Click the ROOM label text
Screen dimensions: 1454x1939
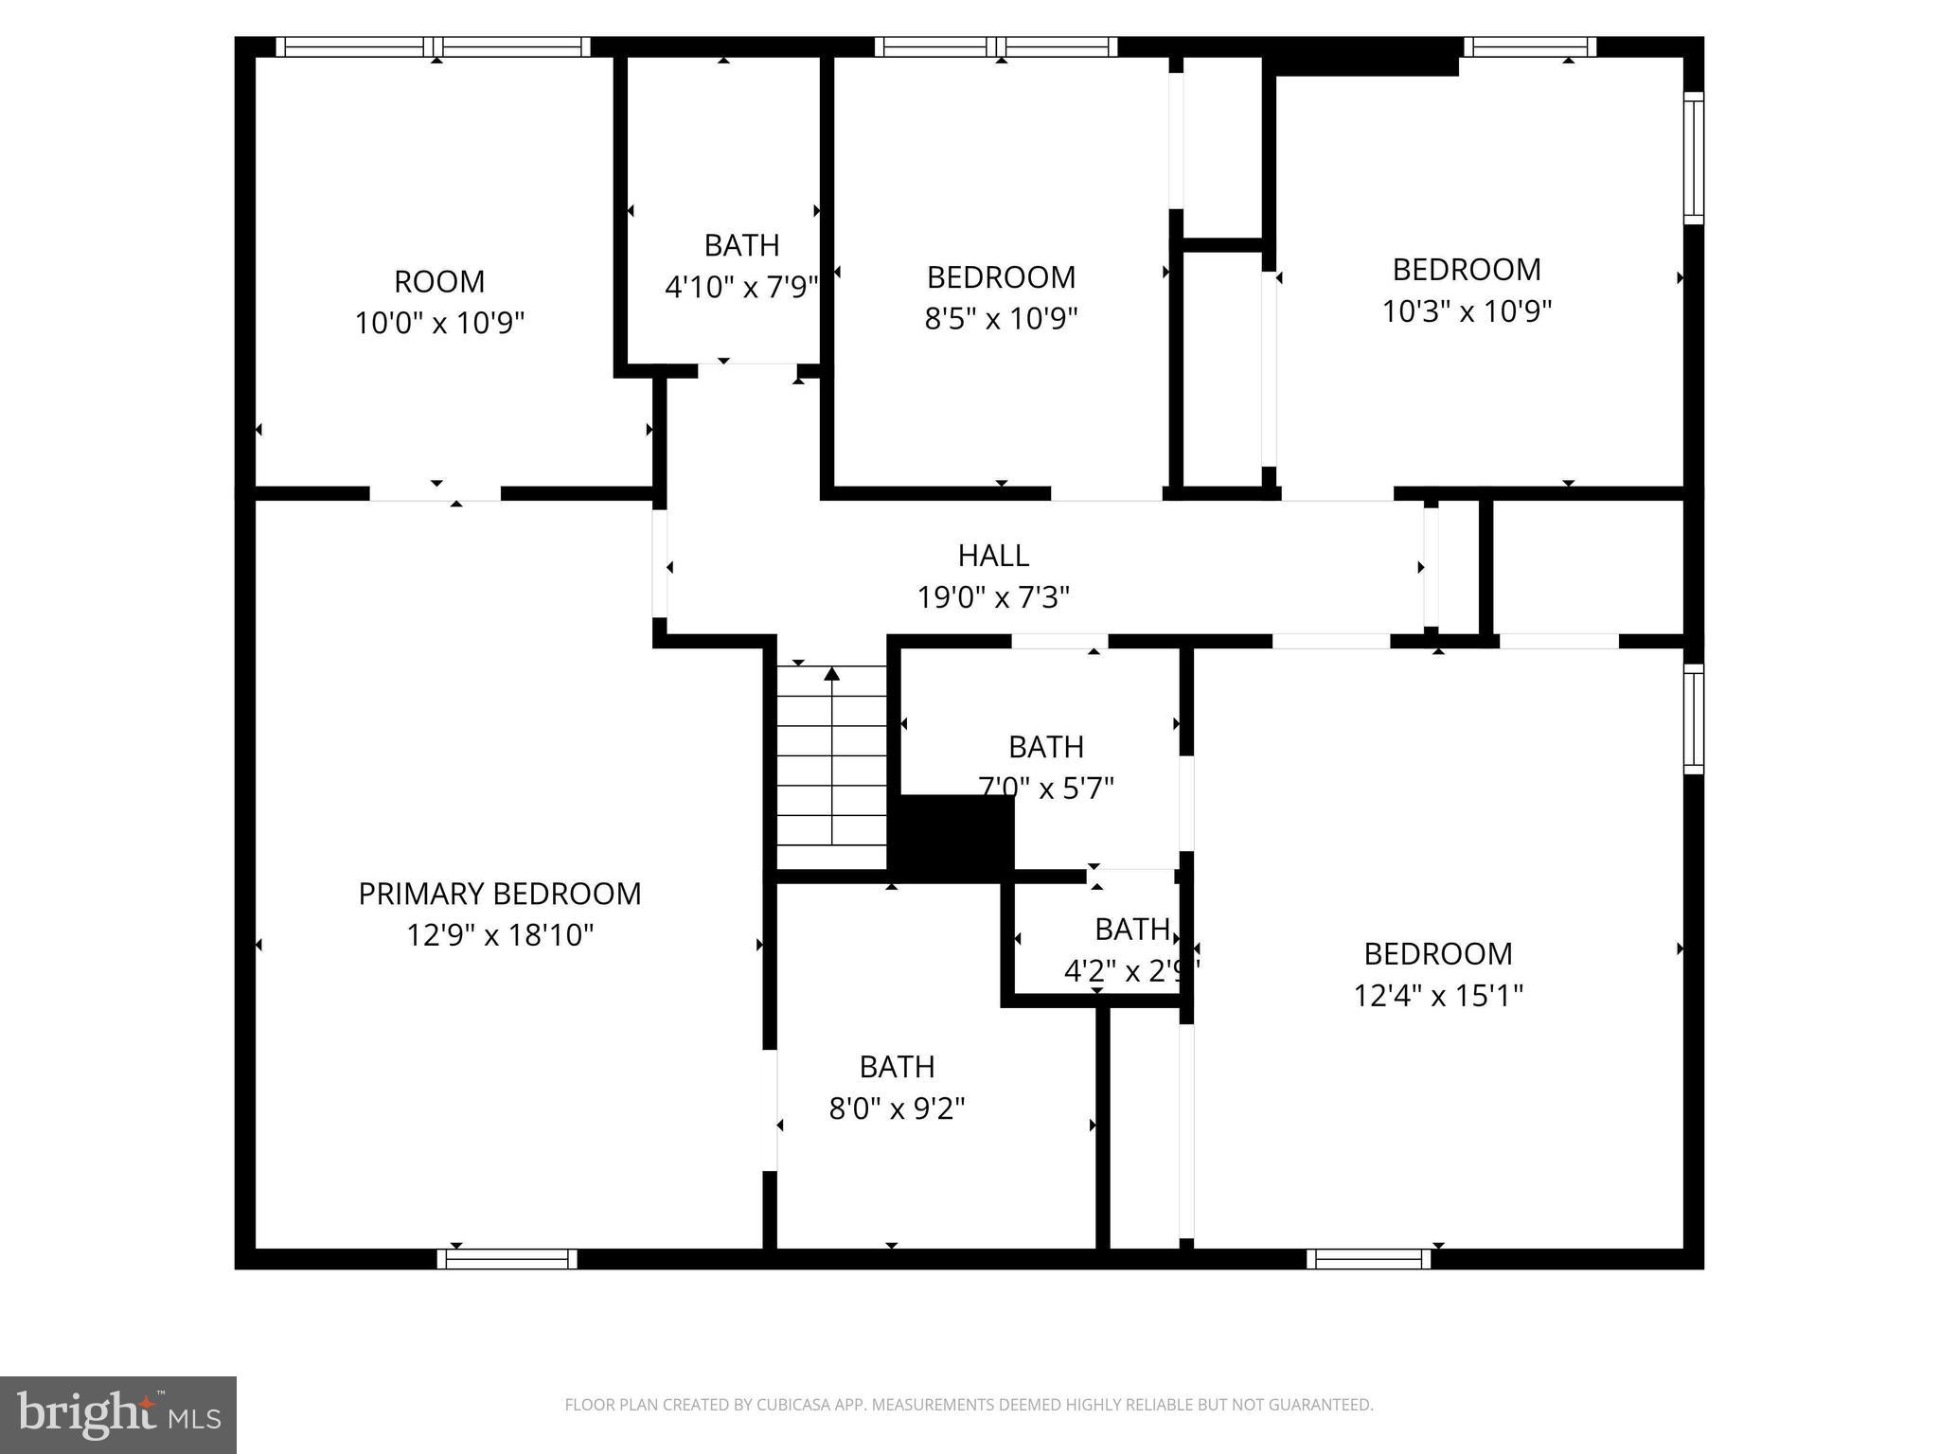439,281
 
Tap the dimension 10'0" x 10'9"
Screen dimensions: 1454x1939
439,324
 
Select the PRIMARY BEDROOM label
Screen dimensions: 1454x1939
500,894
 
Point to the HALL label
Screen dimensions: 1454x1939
993,556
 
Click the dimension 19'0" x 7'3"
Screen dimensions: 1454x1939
993,597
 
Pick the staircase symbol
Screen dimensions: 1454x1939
831,763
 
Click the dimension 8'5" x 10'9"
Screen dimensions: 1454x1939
1001,319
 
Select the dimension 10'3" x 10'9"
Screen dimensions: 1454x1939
1467,311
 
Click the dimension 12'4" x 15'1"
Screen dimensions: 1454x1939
1437,996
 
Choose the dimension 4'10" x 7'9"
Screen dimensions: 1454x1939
741,287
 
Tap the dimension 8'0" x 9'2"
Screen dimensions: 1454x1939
897,1108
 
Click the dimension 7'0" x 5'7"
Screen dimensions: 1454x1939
1046,788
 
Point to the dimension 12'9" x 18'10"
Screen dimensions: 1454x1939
500,935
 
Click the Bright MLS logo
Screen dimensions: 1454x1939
118,1414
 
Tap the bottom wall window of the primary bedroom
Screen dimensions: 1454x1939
507,1259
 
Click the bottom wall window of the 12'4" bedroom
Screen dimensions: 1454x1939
1369,1259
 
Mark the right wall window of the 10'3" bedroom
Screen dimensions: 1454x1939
1693,158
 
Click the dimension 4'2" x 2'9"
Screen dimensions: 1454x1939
1131,971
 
